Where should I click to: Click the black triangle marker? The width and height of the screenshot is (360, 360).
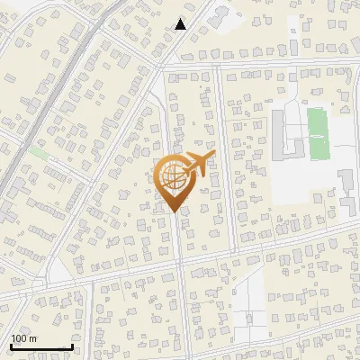click(181, 24)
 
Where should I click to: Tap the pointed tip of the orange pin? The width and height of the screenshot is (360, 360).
click(173, 211)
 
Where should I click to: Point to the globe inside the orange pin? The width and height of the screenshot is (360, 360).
click(172, 178)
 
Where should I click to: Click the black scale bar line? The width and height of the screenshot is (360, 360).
click(41, 347)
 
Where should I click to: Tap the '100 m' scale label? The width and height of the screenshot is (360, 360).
click(24, 338)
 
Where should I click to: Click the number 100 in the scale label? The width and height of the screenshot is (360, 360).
click(19, 338)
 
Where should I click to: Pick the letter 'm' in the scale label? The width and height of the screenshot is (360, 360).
click(33, 338)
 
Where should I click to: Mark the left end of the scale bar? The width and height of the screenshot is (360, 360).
click(11, 347)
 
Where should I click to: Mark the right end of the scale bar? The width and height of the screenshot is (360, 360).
click(72, 347)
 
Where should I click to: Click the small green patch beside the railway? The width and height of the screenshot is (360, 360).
click(38, 153)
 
